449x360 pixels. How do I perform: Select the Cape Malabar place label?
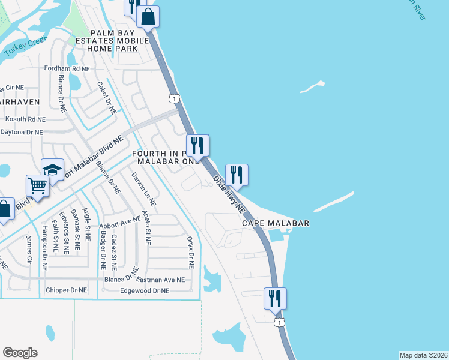[276, 223]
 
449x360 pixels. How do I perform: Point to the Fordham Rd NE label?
[67, 69]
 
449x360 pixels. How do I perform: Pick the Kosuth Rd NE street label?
[25, 119]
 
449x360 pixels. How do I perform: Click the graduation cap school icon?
[53, 169]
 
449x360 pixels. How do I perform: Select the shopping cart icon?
[37, 185]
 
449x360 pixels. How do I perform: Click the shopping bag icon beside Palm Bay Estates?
[148, 16]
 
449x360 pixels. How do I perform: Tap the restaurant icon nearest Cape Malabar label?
[237, 175]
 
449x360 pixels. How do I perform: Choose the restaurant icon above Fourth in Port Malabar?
[197, 145]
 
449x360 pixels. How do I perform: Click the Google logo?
[20, 353]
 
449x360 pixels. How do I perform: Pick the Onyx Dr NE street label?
[191, 251]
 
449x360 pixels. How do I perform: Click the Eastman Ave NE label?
[160, 280]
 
